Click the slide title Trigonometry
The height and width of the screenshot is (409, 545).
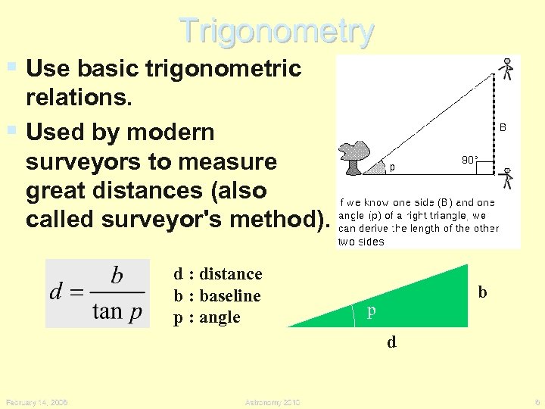coord(276,32)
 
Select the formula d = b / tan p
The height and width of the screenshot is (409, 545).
coord(97,293)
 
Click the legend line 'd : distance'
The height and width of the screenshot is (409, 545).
coord(218,274)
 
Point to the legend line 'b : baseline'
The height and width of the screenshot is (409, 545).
coord(217,295)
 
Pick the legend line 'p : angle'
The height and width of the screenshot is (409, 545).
coord(207,317)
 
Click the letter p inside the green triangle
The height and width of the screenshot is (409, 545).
coord(371,311)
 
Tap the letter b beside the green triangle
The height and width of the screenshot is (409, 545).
coord(482,292)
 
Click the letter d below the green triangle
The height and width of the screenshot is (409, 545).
coord(391,342)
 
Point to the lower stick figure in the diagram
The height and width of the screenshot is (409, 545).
coord(508,178)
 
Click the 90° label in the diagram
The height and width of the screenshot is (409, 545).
coord(469,160)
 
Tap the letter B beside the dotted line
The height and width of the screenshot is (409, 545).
coord(503,129)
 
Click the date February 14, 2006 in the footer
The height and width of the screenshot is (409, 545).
coord(36,402)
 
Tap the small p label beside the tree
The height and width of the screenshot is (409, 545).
coord(393,167)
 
